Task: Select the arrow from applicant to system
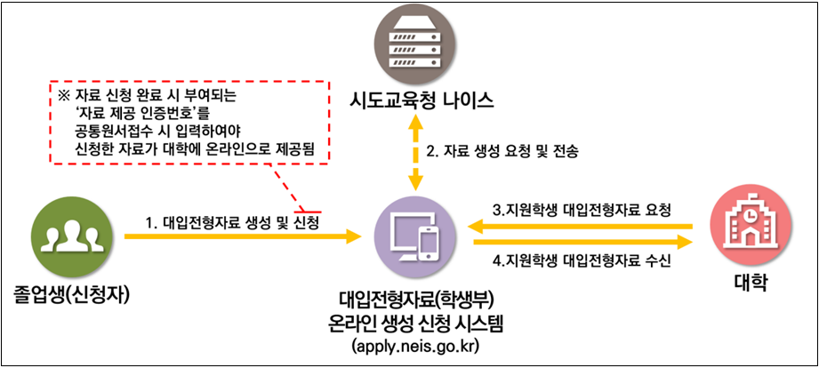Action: coord(249,237)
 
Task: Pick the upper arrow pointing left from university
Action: coord(578,228)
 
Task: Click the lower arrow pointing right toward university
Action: coord(578,242)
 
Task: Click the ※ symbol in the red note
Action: coord(62,94)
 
